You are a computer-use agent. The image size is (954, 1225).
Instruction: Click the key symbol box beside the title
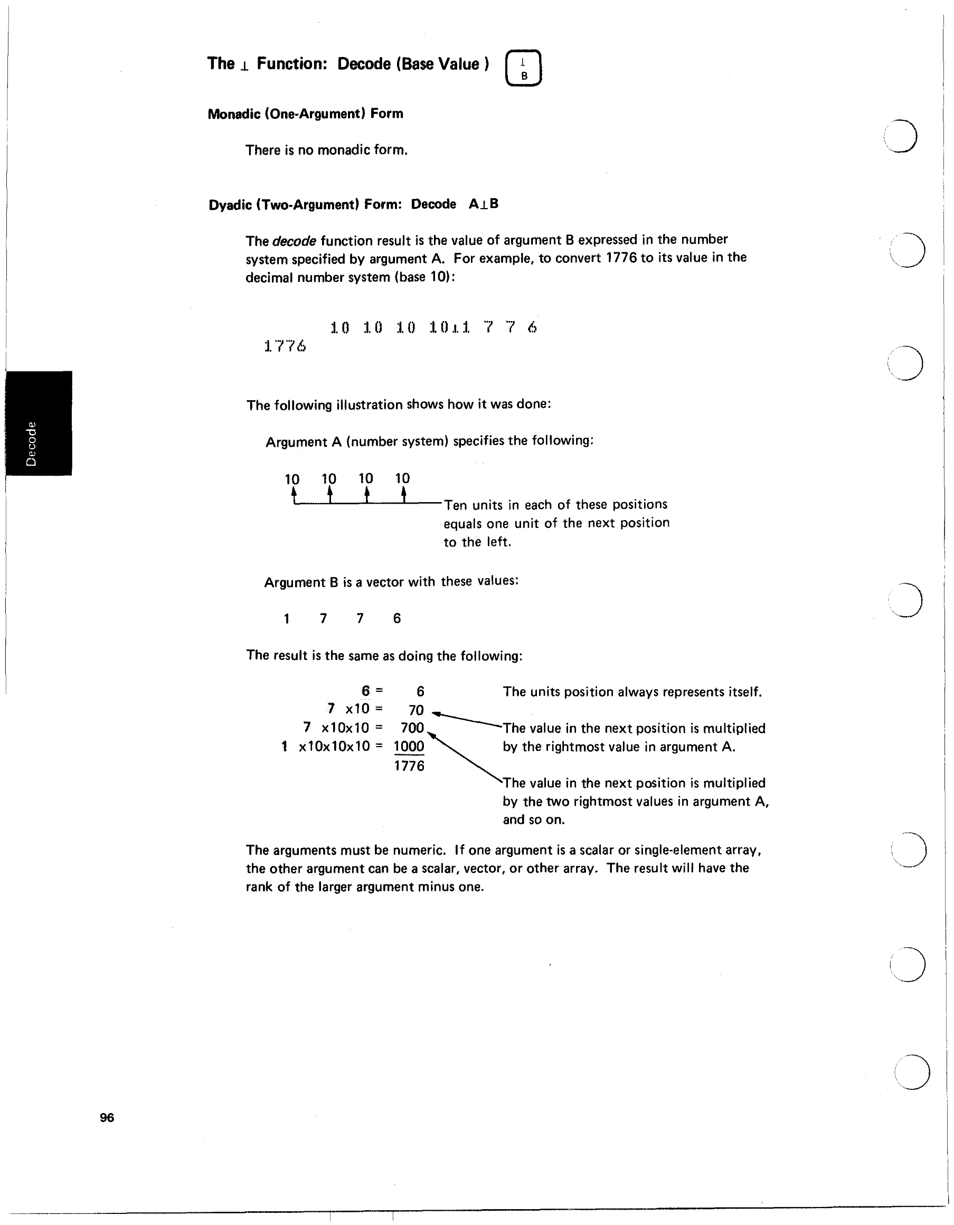[523, 69]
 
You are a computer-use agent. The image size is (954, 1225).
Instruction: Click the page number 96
[107, 1117]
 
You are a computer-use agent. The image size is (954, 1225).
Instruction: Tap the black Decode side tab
[38, 423]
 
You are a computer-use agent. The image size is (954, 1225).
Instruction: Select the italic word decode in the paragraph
[294, 241]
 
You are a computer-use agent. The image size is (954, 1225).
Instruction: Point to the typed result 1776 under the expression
[285, 346]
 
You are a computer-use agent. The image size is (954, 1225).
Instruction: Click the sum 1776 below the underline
[409, 766]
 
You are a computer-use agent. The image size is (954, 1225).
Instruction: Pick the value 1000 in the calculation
[409, 746]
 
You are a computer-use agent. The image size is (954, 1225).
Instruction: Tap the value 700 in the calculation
[412, 728]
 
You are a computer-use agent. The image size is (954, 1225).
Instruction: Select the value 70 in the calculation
[415, 710]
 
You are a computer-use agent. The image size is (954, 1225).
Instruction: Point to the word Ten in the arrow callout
[456, 505]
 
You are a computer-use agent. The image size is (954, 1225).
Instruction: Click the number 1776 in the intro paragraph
[621, 258]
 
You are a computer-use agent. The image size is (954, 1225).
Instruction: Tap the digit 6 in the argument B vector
[396, 618]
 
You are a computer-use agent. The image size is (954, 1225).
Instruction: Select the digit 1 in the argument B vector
[287, 619]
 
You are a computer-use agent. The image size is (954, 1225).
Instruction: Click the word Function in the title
[291, 64]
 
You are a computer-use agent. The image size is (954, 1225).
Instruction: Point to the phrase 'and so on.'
[533, 819]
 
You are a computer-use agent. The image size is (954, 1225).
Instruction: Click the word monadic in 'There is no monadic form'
[343, 150]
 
